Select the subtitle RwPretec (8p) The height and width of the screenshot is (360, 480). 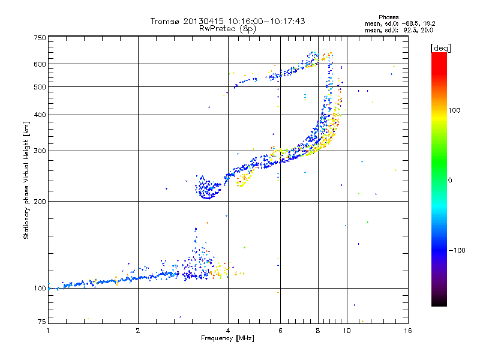pos(227,28)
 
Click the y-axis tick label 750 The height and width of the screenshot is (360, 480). pos(40,38)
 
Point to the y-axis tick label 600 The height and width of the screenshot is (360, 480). pos(40,64)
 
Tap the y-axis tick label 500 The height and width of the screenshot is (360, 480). pos(40,87)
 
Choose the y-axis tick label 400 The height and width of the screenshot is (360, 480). pos(40,115)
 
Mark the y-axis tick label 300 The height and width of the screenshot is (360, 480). pos(40,151)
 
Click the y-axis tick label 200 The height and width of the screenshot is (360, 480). pos(40,202)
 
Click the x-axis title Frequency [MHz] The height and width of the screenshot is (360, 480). pos(227,339)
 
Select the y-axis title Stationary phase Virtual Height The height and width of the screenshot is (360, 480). pos(26,181)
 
